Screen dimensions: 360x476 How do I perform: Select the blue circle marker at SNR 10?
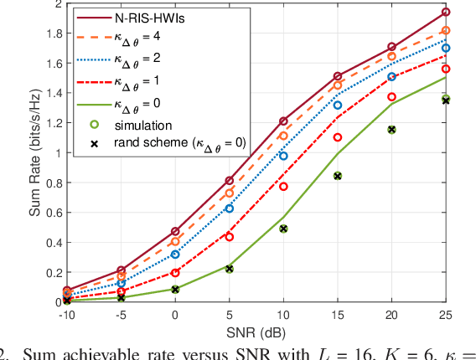click(x=283, y=156)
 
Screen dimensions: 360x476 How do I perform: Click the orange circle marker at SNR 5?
click(x=229, y=193)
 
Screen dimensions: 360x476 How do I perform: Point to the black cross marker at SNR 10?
click(x=283, y=229)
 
